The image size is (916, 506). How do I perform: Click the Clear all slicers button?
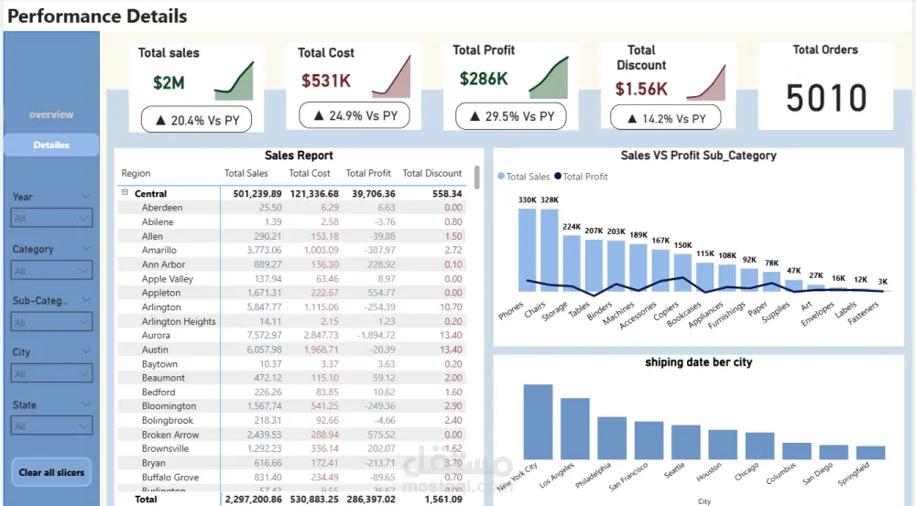pos(51,472)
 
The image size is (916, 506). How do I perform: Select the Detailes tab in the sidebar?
pos(51,145)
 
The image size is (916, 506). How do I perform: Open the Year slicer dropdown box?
pos(51,219)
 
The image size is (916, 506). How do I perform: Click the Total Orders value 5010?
pos(826,98)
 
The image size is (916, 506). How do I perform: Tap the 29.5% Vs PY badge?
pos(510,116)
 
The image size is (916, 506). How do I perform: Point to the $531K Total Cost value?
pos(325,81)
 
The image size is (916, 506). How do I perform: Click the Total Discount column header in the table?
pos(432,173)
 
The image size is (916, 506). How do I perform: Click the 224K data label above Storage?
pos(572,227)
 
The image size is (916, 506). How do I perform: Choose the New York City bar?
pos(538,421)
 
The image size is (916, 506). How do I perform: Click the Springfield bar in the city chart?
pos(871,452)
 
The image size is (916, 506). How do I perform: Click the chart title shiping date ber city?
pos(698,362)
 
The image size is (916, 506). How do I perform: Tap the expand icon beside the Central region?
pos(123,194)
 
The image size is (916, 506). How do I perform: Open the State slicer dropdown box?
pos(51,426)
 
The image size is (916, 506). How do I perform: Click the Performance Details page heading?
pos(98,16)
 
